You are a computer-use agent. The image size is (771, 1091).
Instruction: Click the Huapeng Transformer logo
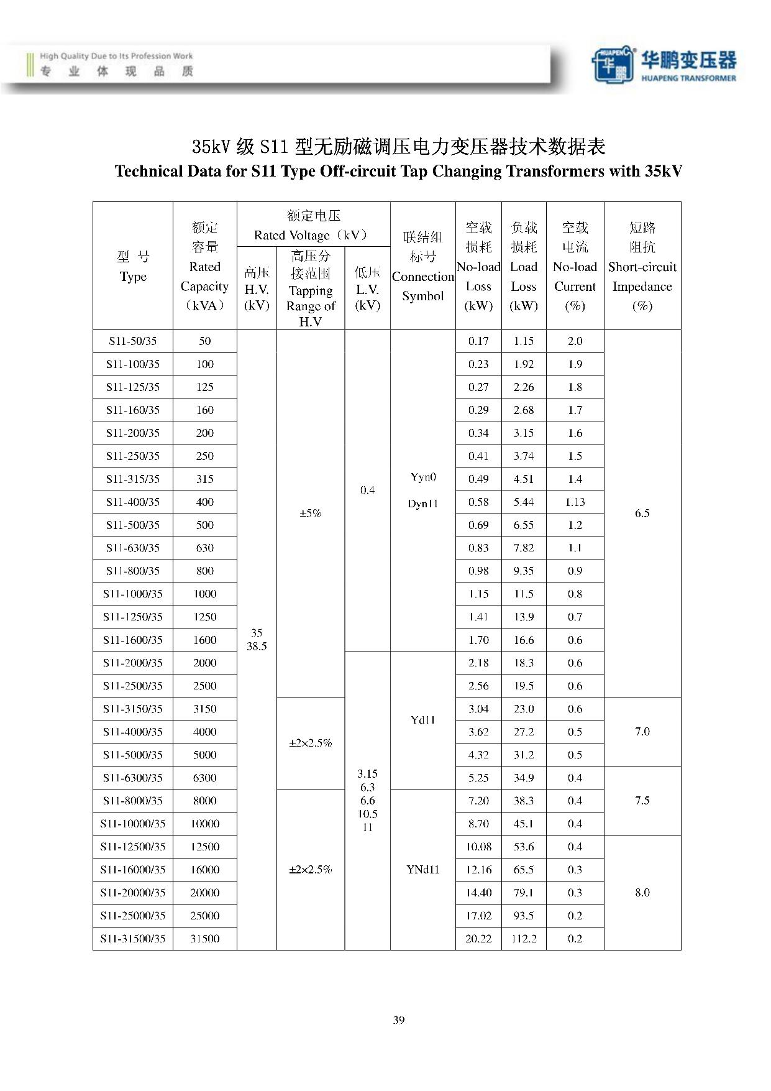click(x=663, y=65)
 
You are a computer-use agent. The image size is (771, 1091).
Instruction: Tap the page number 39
click(x=399, y=1020)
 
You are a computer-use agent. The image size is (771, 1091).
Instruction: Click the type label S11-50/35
click(x=132, y=341)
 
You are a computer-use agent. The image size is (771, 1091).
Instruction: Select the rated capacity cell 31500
click(x=204, y=939)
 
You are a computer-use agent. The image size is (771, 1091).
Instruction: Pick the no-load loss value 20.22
click(x=478, y=939)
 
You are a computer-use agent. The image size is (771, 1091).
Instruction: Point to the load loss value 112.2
click(x=524, y=939)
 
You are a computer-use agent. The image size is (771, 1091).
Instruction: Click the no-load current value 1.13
click(x=575, y=502)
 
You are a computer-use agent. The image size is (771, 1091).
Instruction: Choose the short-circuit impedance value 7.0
click(x=642, y=732)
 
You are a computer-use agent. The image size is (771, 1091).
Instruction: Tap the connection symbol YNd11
click(x=422, y=870)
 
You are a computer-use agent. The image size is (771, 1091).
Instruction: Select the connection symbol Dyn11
click(x=422, y=504)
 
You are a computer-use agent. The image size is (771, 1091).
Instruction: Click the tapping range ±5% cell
click(x=310, y=513)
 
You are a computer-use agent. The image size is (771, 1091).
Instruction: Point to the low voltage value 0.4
click(x=367, y=490)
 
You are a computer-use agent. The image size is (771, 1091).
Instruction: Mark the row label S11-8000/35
click(x=132, y=801)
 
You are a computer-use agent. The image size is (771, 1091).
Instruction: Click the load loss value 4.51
click(x=524, y=479)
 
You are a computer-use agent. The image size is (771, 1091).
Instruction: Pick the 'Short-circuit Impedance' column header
click(x=642, y=267)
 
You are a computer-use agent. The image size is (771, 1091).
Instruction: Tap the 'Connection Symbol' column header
click(x=422, y=267)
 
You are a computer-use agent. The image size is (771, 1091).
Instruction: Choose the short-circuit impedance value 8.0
click(x=642, y=893)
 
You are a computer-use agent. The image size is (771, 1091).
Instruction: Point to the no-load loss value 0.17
click(x=478, y=341)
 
